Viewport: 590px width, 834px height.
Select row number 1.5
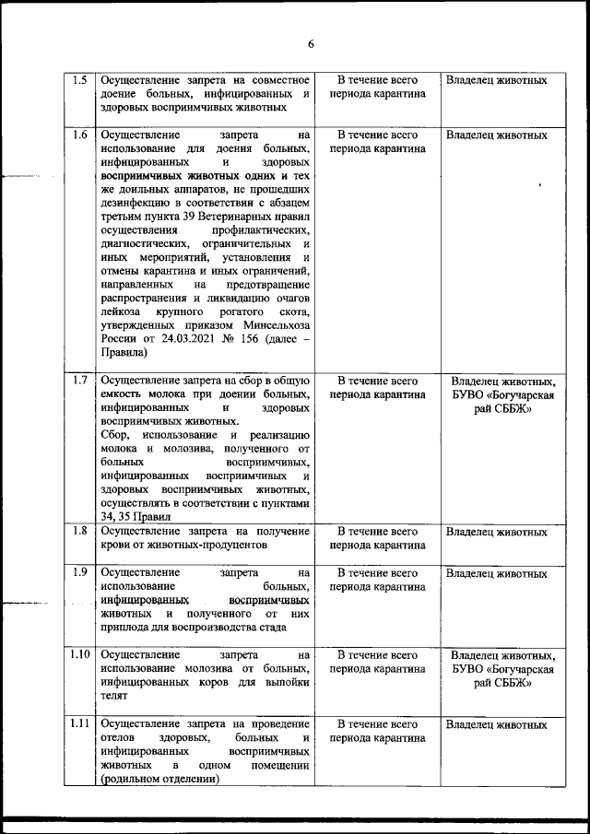(x=79, y=80)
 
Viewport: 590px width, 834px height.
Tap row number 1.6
(x=79, y=135)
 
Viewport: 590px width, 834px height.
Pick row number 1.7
(x=79, y=380)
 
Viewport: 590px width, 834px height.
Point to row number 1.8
(x=79, y=531)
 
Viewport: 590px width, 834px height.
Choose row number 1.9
(x=79, y=572)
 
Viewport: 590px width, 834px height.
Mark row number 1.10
(x=79, y=655)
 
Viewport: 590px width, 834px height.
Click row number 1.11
(x=79, y=724)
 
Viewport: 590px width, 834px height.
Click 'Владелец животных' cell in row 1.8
(x=496, y=532)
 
